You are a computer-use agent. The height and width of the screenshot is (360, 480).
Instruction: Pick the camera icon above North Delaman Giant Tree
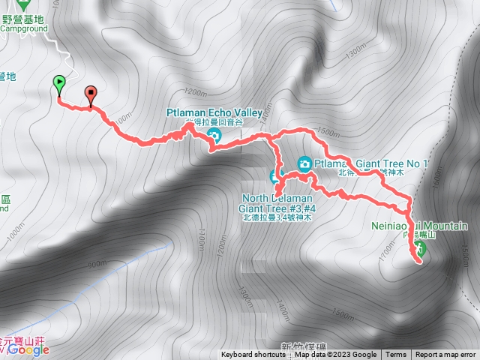point(275,176)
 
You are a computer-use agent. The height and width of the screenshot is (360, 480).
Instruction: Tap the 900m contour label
point(95,264)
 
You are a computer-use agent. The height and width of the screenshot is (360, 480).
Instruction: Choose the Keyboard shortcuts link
point(253,355)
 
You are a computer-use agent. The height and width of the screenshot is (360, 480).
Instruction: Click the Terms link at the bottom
point(396,355)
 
